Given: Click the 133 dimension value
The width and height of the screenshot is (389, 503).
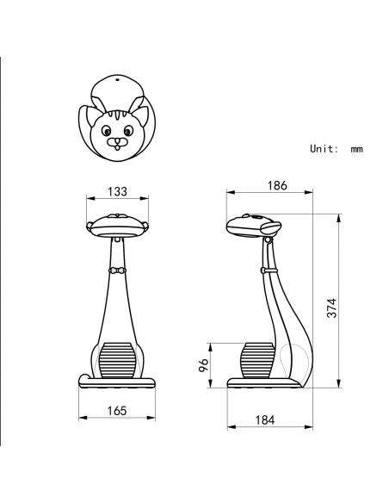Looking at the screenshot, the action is pyautogui.click(x=117, y=191).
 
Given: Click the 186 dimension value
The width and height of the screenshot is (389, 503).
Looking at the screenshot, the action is pyautogui.click(x=277, y=185).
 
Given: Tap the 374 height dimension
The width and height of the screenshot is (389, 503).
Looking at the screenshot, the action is pyautogui.click(x=332, y=308).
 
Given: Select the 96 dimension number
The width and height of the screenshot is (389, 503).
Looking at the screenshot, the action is pyautogui.click(x=203, y=365).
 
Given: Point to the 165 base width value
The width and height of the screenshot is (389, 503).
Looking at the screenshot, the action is pyautogui.click(x=117, y=411).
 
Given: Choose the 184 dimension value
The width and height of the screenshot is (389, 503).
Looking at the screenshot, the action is pyautogui.click(x=265, y=419).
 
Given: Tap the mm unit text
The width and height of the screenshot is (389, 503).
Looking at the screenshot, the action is pyautogui.click(x=356, y=150).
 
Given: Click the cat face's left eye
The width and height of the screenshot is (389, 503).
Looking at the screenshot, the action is pyautogui.click(x=106, y=131).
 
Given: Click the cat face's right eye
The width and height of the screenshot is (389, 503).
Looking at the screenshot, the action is pyautogui.click(x=128, y=131).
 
